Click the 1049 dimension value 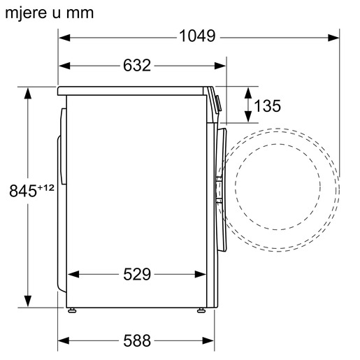click(x=196, y=36)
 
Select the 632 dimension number click(x=138, y=66)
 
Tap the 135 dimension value click(x=266, y=106)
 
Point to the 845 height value click(x=23, y=190)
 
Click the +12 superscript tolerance click(x=46, y=186)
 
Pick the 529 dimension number click(x=137, y=274)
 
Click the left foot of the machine click(x=71, y=308)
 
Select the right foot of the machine click(x=201, y=308)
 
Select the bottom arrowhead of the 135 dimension click(x=249, y=120)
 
